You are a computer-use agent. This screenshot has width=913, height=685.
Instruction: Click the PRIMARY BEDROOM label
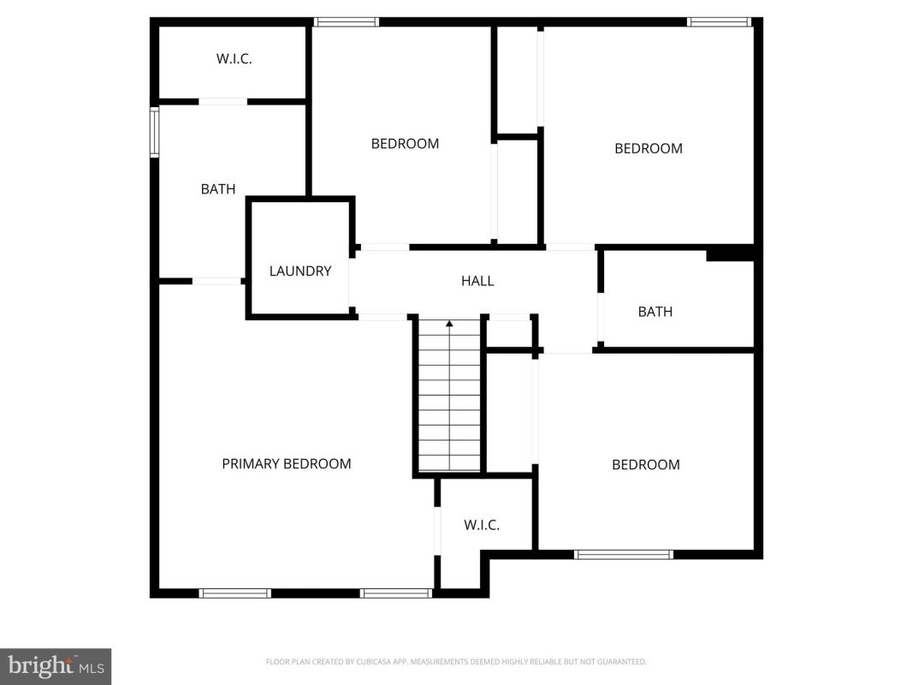(287, 463)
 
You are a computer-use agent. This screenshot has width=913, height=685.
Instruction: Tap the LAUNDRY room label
(300, 271)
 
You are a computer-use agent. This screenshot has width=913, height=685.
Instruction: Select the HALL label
(477, 281)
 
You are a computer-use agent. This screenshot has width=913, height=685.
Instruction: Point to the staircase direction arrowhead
(449, 323)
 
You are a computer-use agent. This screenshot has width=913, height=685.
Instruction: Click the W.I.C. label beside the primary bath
(234, 59)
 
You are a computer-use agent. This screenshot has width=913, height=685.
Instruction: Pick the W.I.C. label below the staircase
(482, 525)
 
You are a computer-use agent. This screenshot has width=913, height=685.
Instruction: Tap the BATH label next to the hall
(655, 312)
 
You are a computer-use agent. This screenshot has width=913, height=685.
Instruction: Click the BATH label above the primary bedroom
(218, 188)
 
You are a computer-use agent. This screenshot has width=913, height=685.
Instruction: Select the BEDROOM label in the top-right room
(649, 148)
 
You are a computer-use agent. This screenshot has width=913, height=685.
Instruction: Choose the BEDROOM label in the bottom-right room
(646, 464)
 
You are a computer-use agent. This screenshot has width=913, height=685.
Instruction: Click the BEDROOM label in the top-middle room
(406, 143)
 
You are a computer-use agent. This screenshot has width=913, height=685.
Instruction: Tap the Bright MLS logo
(56, 666)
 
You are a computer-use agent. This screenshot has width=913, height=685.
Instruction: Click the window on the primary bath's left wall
(154, 132)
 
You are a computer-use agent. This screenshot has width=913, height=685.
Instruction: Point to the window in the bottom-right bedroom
(624, 555)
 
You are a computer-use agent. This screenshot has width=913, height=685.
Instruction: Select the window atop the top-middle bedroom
(347, 22)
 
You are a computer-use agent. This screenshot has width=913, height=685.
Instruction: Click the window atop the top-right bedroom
(719, 22)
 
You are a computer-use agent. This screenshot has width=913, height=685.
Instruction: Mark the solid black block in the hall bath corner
(730, 255)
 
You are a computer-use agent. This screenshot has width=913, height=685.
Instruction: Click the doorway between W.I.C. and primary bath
(223, 102)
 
